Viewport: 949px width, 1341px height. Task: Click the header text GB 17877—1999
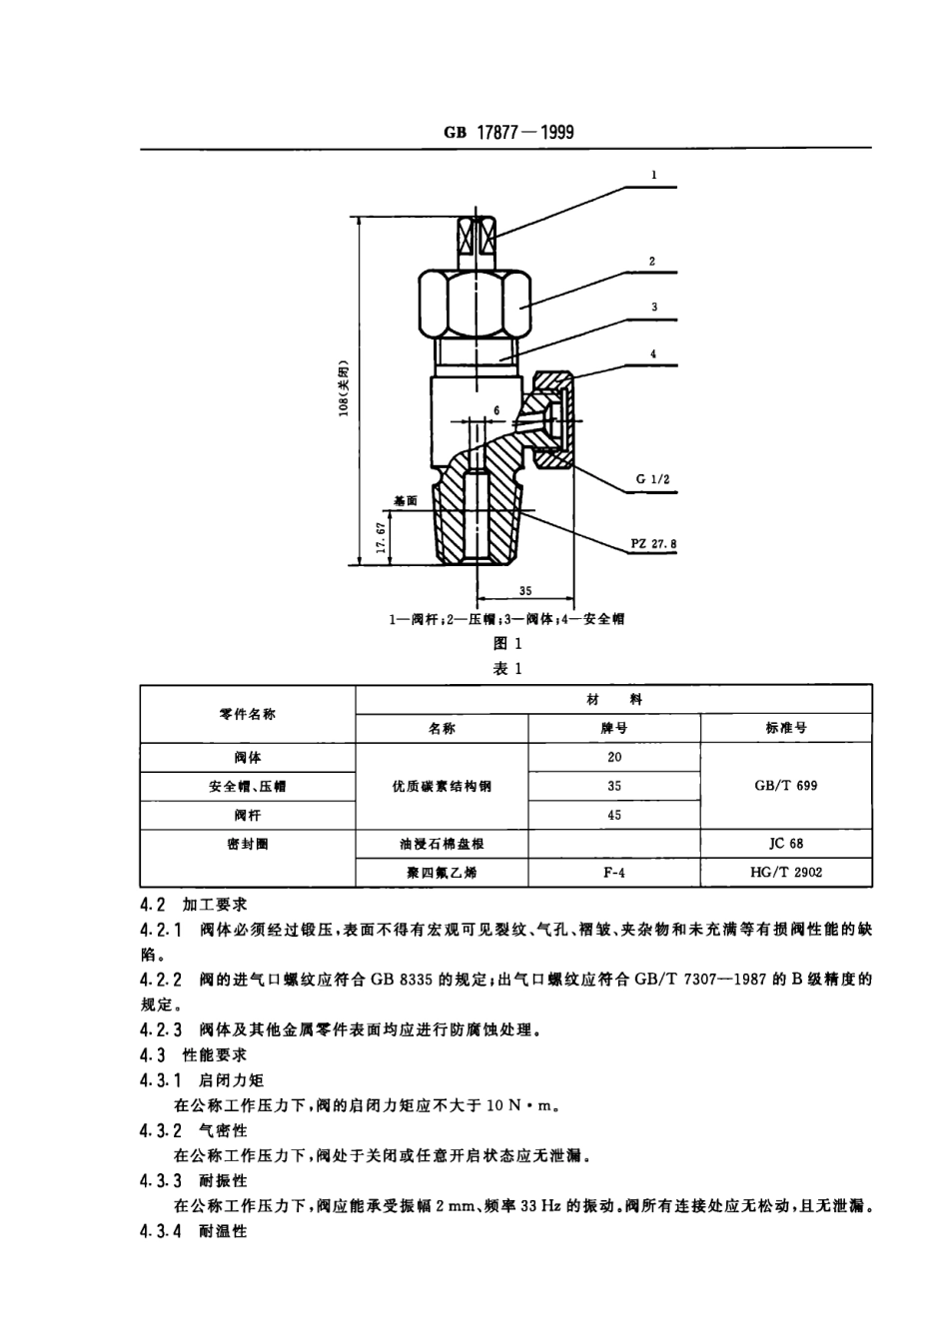click(x=508, y=132)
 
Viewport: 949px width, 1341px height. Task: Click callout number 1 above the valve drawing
click(x=654, y=175)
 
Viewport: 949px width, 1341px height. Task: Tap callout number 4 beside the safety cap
click(x=653, y=353)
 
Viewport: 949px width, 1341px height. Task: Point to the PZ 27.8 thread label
click(x=653, y=544)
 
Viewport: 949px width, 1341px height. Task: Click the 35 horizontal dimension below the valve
click(x=525, y=591)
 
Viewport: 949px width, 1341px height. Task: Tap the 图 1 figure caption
click(x=507, y=643)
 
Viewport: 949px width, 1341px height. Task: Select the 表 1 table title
click(x=507, y=668)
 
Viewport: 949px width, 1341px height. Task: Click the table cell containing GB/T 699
click(x=785, y=786)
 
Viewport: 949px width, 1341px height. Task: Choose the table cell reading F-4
click(x=613, y=873)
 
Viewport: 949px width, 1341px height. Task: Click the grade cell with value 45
click(x=613, y=815)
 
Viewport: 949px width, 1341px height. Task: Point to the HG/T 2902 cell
click(x=785, y=873)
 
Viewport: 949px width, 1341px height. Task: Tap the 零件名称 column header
click(x=247, y=714)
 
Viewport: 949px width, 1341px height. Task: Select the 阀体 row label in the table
click(x=247, y=757)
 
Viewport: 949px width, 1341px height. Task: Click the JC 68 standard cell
click(x=785, y=844)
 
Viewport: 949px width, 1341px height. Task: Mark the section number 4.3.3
click(x=161, y=1181)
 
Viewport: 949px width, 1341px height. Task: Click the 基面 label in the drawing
click(x=405, y=500)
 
